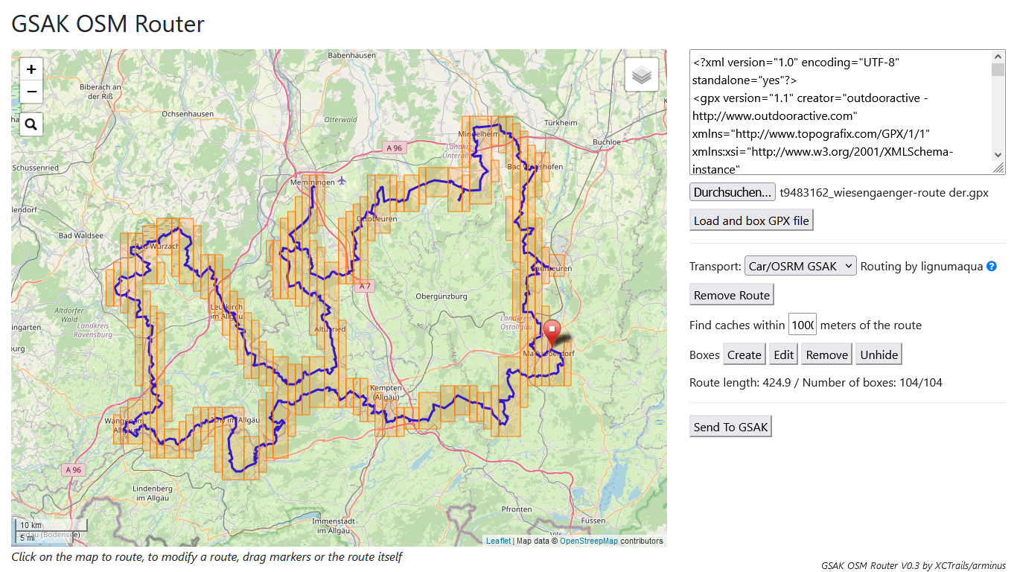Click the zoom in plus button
click(x=31, y=69)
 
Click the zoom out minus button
click(x=31, y=92)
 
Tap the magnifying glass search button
click(x=31, y=124)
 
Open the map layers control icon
click(x=641, y=74)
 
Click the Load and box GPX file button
click(x=751, y=220)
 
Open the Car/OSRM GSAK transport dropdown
click(x=800, y=266)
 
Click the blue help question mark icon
click(x=992, y=266)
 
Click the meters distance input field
click(x=803, y=325)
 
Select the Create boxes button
click(x=745, y=355)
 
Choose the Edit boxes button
click(x=784, y=355)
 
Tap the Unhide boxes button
click(x=879, y=355)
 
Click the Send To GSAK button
click(x=730, y=427)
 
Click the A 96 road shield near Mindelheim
click(x=394, y=148)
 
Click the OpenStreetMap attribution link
click(x=588, y=541)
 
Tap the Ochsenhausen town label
click(x=188, y=114)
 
